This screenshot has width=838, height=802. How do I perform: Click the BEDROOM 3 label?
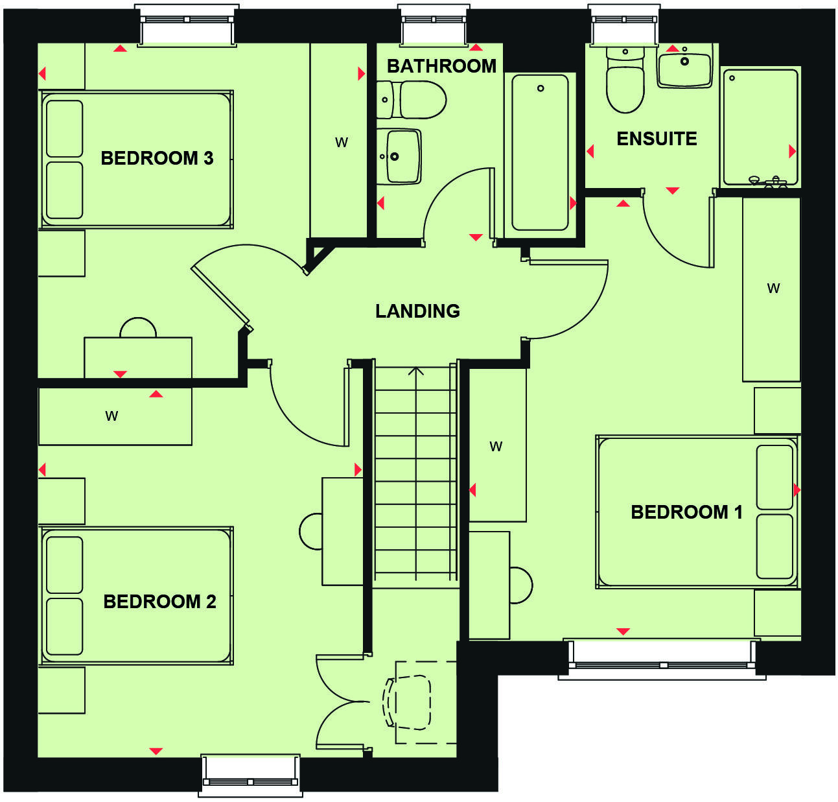point(157,158)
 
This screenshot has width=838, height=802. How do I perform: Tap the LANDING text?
point(417,311)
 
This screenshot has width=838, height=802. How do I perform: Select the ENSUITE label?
point(656,139)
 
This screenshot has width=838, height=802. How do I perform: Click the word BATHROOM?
point(441,66)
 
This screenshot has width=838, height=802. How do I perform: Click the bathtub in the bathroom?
point(541,152)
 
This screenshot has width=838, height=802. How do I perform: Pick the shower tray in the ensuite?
point(760,127)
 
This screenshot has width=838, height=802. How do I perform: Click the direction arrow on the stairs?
point(415,372)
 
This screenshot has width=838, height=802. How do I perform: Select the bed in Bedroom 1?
point(697,512)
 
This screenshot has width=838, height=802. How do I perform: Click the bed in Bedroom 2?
point(136,595)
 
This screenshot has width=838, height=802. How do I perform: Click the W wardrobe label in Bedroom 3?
point(342,143)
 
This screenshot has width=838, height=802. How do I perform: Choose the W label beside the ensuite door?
point(773,289)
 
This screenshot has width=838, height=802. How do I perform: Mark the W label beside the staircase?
point(496,446)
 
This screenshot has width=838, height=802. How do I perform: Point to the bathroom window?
point(434,20)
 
